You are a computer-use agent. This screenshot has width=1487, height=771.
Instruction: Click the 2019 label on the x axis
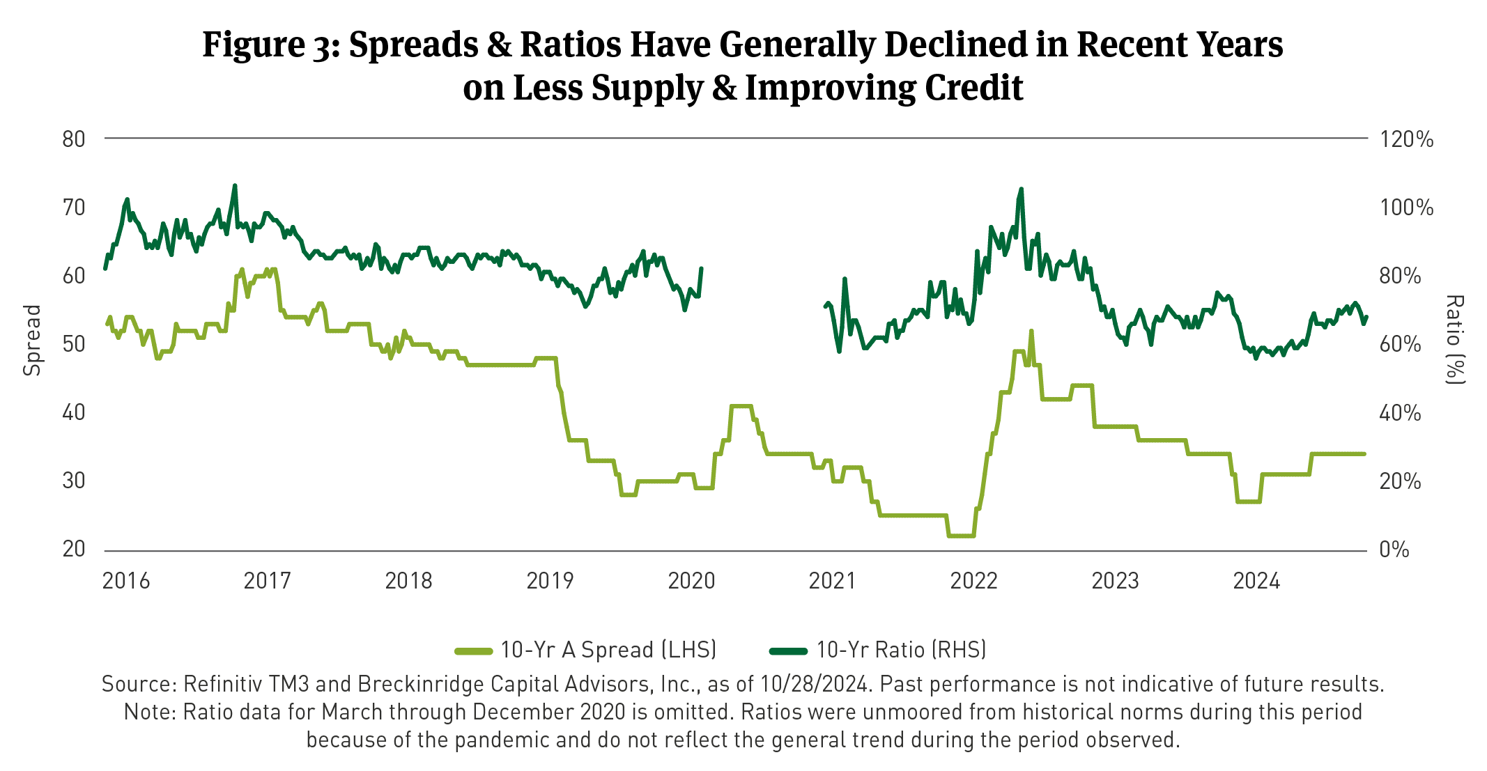[x=550, y=581]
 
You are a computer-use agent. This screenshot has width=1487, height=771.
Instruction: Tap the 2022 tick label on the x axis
[x=973, y=581]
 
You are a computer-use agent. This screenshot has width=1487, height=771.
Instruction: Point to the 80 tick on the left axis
[x=74, y=139]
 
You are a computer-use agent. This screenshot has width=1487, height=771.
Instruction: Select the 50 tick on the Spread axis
[x=74, y=344]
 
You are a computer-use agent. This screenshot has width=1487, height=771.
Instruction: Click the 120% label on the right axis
[x=1406, y=139]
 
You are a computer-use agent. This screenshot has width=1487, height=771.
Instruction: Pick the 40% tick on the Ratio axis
[x=1400, y=413]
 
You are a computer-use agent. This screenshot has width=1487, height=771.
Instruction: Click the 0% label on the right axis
[x=1394, y=550]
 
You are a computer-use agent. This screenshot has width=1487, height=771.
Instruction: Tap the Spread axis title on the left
[x=32, y=341]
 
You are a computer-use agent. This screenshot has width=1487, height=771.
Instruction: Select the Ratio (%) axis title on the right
[x=1455, y=339]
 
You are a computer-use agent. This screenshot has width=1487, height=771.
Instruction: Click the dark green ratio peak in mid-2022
[x=1021, y=189]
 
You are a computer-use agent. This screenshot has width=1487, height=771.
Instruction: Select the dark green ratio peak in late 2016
[x=235, y=185]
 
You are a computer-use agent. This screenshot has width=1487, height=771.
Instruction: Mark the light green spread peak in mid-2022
[x=1031, y=332]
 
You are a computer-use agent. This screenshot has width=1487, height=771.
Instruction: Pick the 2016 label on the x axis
[x=126, y=581]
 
